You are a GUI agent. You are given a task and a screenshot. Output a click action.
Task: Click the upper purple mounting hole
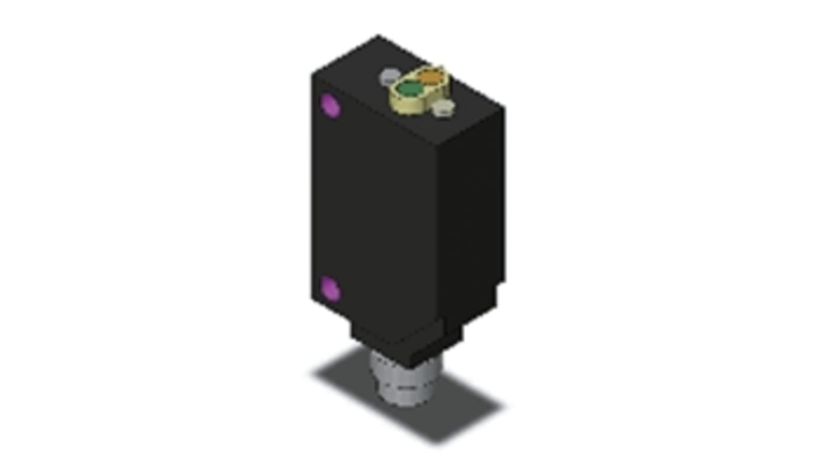330,105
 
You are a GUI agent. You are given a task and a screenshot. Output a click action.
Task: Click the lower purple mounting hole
329,289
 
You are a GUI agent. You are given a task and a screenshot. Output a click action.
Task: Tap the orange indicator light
431,76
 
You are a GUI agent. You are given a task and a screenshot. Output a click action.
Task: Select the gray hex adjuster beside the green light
390,76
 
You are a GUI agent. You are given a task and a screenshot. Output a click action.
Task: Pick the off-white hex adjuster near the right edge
443,108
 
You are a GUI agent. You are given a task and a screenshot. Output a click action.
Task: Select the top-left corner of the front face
312,73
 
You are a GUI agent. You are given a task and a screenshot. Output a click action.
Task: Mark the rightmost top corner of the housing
504,107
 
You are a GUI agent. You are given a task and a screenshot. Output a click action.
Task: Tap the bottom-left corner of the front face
312,299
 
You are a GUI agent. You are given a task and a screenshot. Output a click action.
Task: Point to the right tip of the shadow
503,407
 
